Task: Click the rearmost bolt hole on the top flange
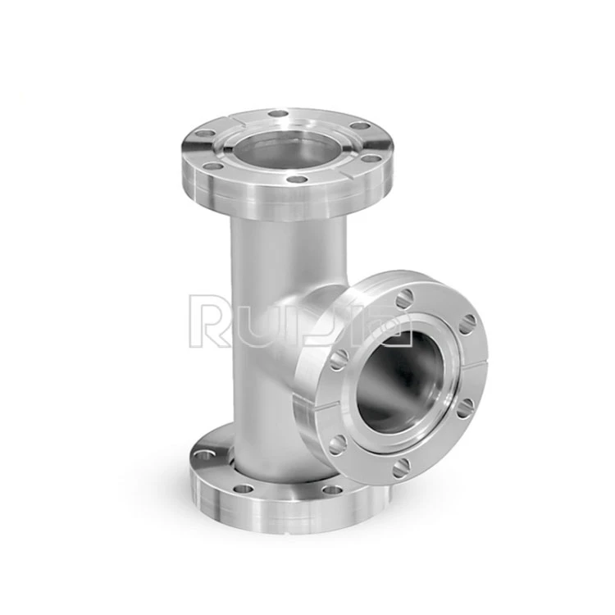point(279,114)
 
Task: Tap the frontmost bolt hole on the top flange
point(297,180)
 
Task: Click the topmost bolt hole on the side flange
point(405,298)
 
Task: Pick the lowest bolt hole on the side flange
point(401,468)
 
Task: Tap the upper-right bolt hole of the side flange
point(467,325)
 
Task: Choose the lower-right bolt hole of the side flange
point(465,408)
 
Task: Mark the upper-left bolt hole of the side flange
point(339,360)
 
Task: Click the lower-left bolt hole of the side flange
point(338,444)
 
